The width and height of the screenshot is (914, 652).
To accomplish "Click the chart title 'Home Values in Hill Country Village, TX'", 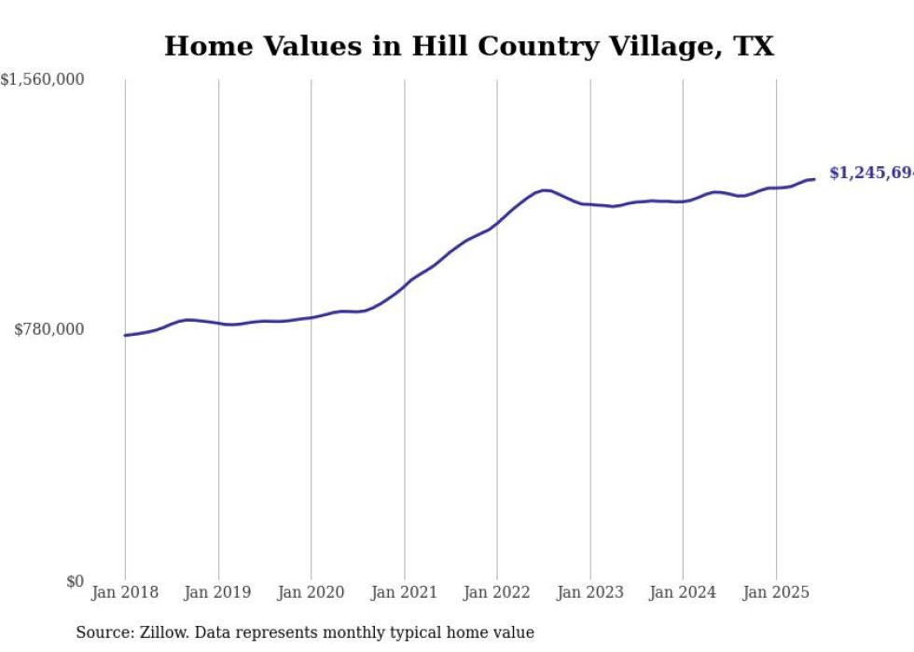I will click(469, 46).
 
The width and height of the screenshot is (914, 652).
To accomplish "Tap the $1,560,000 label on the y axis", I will click(43, 80).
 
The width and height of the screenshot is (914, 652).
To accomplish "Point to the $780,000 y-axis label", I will click(48, 329).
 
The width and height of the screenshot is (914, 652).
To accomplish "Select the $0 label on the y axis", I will click(75, 581).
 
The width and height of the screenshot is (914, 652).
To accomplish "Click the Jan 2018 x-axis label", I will click(125, 592).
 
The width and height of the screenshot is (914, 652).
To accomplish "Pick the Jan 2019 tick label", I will click(218, 592).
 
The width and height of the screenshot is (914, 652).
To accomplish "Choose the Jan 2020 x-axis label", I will click(312, 592).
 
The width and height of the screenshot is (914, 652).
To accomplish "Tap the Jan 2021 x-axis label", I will click(404, 592).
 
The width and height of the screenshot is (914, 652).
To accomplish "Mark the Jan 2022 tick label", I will click(497, 592).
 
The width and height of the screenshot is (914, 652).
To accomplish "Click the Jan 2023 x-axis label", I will click(590, 592).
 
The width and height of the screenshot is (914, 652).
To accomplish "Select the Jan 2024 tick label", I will click(683, 592).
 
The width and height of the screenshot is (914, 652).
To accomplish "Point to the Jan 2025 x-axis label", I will click(776, 592).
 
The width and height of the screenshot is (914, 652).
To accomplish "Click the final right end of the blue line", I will click(814, 179).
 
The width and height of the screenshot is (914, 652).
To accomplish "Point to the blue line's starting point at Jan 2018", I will click(125, 335).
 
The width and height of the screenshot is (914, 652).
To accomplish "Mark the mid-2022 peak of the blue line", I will click(545, 190).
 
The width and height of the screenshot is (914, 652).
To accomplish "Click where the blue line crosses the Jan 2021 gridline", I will click(404, 284).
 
